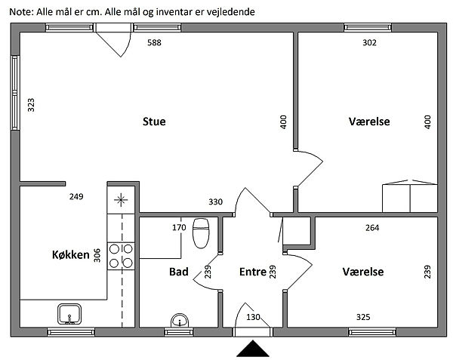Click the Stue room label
(154, 122)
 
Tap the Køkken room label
(66, 255)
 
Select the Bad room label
(179, 272)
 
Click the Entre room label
(252, 272)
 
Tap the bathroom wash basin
(180, 321)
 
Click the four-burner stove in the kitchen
(122, 255)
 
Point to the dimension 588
(154, 43)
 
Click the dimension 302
(369, 43)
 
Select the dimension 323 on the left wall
(32, 105)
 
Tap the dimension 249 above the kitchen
(75, 197)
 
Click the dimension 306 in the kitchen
(97, 256)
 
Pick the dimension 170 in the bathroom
(179, 227)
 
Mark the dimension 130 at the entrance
(253, 317)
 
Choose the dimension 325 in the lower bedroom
(363, 317)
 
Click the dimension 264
(371, 227)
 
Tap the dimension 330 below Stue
(216, 202)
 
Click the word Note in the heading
(20, 11)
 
